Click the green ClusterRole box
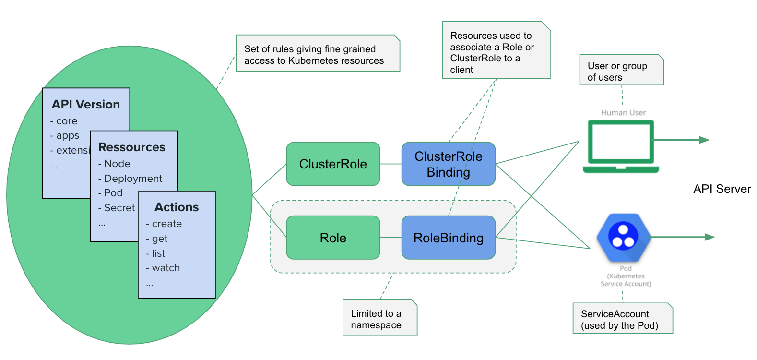(333, 164)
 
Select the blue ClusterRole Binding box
(449, 164)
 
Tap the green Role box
(333, 238)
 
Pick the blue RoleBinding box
(449, 238)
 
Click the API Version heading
(86, 105)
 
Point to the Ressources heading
(132, 147)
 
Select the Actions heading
(177, 207)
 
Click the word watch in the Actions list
(166, 268)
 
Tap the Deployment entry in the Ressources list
(133, 179)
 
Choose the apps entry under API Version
(68, 135)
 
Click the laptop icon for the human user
(621, 146)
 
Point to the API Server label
(722, 189)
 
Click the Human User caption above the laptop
(623, 113)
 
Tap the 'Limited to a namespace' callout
(380, 317)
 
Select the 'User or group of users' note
(622, 70)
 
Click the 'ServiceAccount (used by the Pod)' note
(623, 318)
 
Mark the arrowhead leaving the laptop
(705, 140)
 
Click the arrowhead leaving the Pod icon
(710, 237)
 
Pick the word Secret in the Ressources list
(119, 207)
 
